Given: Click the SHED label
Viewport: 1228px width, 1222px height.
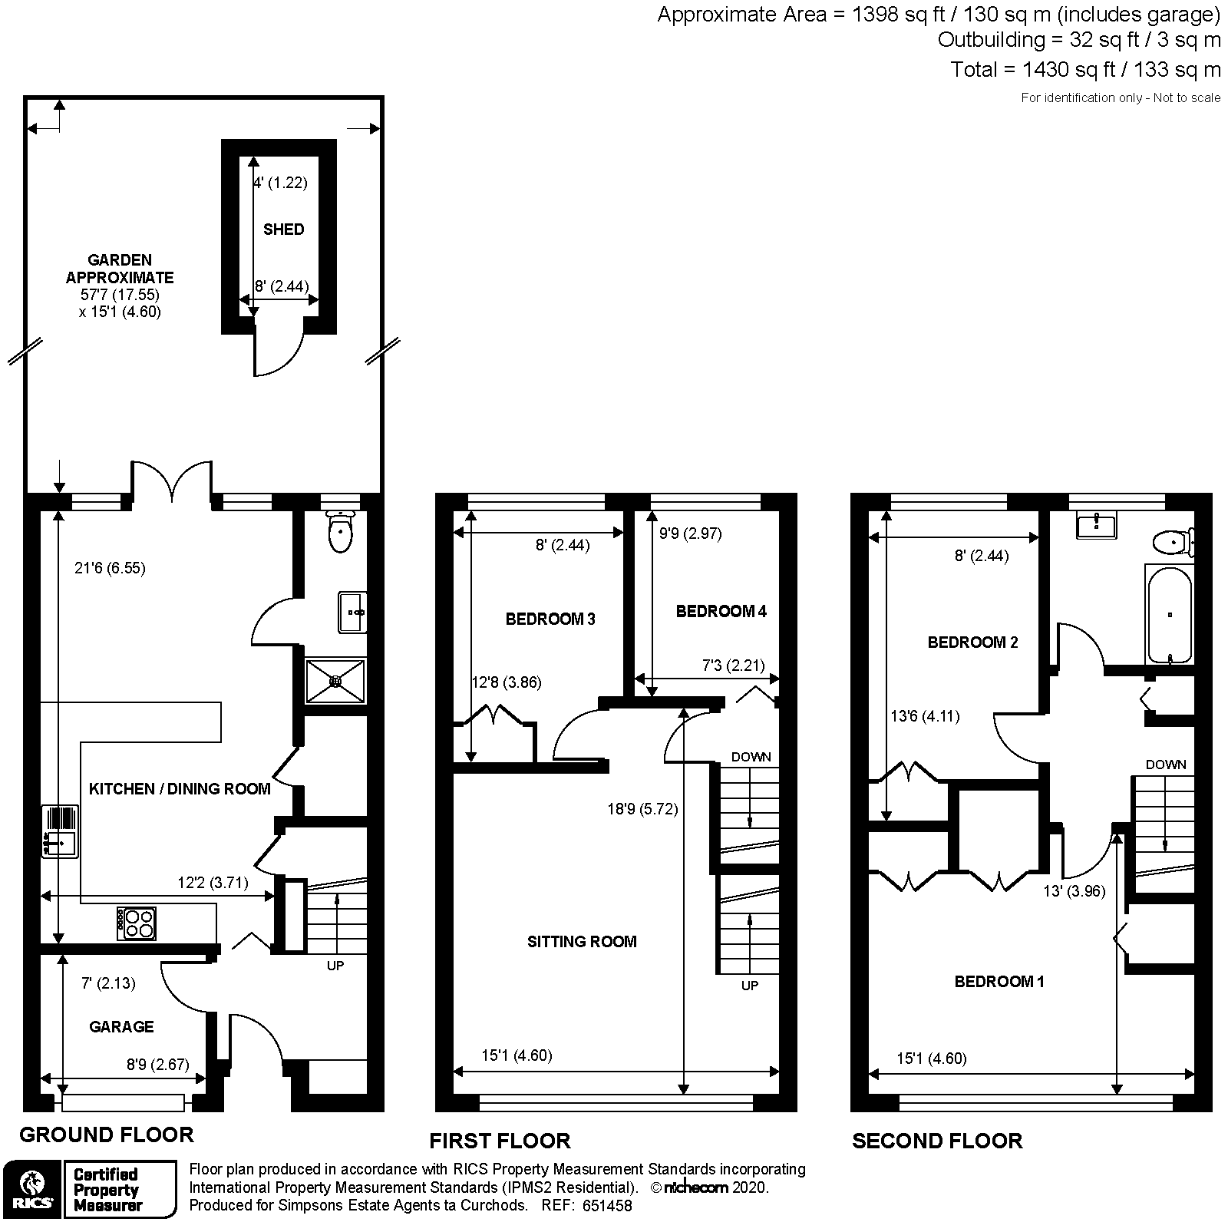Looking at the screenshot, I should point(283,230).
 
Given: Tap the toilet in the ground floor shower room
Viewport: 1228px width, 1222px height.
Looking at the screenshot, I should point(338,531).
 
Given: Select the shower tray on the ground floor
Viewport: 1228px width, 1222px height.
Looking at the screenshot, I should point(335,680).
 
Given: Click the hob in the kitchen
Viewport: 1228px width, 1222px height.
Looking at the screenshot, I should point(137,923).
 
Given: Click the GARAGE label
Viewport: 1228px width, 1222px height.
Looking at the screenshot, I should point(121,1027).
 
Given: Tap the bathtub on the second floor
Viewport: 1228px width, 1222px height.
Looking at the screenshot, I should point(1169,614).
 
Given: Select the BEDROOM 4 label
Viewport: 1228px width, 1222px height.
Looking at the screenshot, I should point(721,612).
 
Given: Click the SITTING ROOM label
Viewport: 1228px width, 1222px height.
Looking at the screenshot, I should point(582,942).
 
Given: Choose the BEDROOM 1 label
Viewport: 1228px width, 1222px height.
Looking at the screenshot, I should point(999,982).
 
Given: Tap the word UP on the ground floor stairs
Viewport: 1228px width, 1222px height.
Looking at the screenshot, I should point(335,966).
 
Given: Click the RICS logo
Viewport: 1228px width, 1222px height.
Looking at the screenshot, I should point(30,1188).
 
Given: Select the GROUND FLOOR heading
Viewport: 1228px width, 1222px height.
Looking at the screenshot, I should point(107,1134).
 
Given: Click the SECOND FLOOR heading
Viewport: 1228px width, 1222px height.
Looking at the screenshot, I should point(936,1141).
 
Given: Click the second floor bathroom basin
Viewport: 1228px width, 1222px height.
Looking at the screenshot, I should point(1096,526).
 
